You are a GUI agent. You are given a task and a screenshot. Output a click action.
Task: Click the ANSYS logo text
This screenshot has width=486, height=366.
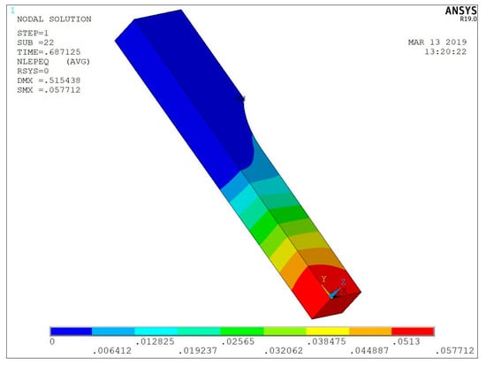[x=460, y=11]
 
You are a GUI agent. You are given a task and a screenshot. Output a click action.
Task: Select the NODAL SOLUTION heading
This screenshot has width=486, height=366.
[x=54, y=19]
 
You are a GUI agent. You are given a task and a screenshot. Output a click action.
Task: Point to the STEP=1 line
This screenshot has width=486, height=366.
[x=33, y=34]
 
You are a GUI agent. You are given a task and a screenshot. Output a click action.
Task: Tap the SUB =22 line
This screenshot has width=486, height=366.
[x=35, y=42]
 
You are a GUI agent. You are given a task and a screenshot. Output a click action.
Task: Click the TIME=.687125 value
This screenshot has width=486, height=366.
[x=49, y=52]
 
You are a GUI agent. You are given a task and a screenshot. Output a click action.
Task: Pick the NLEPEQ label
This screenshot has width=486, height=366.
[x=33, y=62]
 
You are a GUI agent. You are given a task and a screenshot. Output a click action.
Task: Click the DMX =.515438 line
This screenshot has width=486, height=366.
[x=49, y=80]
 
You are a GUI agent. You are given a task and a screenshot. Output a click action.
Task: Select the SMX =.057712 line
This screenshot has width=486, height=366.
[x=49, y=90]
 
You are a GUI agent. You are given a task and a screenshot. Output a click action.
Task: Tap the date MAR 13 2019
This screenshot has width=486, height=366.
[x=437, y=42]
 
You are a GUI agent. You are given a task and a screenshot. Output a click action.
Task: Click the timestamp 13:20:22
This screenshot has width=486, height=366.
[x=445, y=52]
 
